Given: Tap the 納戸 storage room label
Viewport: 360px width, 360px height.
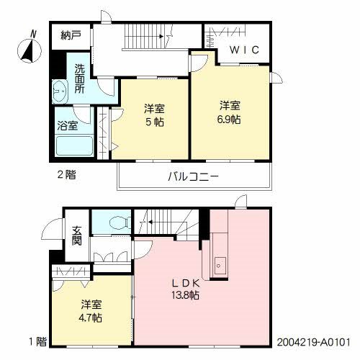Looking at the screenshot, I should [x=69, y=35].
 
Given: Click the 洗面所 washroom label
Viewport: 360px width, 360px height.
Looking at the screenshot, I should [x=80, y=79].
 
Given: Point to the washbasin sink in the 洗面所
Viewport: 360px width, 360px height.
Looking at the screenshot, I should [x=60, y=91].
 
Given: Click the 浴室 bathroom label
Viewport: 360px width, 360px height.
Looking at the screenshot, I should [x=68, y=124].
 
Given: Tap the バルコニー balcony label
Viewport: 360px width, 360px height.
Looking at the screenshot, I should [x=194, y=176].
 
